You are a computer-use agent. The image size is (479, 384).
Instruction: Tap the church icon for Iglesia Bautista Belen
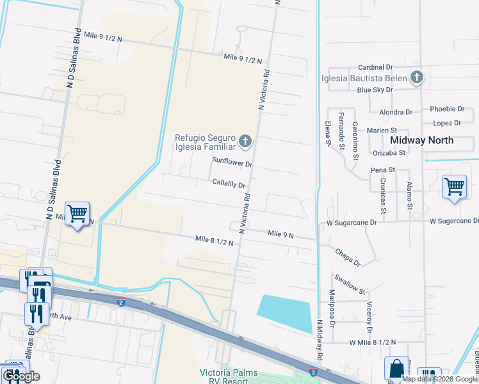click(417, 78)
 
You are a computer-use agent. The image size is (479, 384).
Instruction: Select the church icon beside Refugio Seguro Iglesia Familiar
click(245, 140)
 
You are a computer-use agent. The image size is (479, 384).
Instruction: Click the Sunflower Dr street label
click(233, 163)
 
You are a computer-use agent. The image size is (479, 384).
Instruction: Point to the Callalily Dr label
click(229, 184)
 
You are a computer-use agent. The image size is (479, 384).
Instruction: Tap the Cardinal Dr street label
click(375, 67)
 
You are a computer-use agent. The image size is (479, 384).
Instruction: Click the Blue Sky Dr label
click(375, 90)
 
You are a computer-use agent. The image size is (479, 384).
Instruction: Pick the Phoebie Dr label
click(447, 109)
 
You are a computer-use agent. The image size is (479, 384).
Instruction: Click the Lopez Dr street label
click(447, 123)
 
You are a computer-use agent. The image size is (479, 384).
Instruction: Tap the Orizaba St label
click(389, 153)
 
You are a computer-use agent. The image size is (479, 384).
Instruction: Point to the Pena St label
click(383, 170)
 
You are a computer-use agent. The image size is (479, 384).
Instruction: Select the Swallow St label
click(349, 282)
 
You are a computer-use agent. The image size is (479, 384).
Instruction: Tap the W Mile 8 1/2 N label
click(373, 344)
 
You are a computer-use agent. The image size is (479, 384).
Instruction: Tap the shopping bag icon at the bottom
click(396, 369)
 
